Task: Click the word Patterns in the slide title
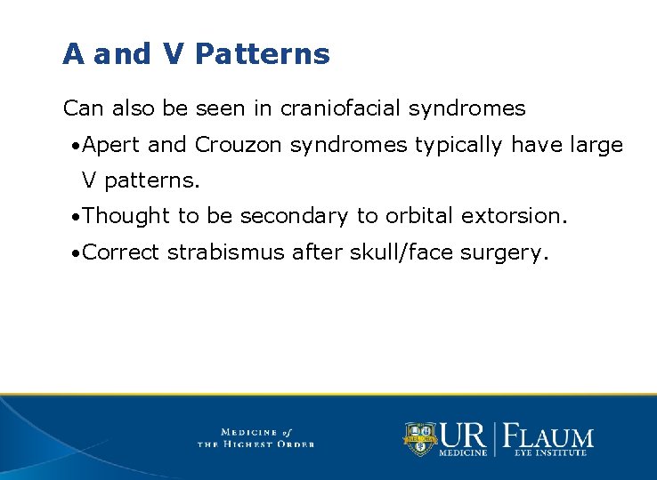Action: pyautogui.click(x=262, y=54)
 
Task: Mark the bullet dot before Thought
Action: pyautogui.click(x=77, y=217)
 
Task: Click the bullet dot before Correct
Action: pyautogui.click(x=77, y=253)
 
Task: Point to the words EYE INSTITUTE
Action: pyautogui.click(x=549, y=453)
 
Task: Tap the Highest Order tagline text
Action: pyautogui.click(x=255, y=444)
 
